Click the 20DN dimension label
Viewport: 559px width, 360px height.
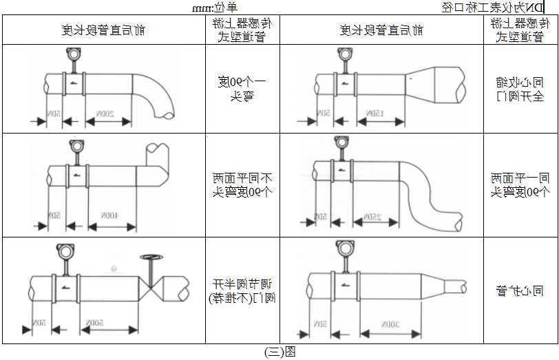click(105, 114)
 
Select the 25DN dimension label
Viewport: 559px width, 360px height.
click(372, 218)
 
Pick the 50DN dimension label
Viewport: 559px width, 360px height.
click(96, 323)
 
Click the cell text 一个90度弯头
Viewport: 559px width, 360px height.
click(242, 89)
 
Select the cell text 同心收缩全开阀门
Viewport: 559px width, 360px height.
click(520, 89)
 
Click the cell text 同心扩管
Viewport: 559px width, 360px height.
click(520, 291)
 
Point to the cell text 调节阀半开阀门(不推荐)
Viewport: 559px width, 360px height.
click(242, 290)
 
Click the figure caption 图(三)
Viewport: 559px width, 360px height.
click(279, 352)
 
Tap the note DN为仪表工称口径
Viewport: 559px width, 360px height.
click(496, 8)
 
